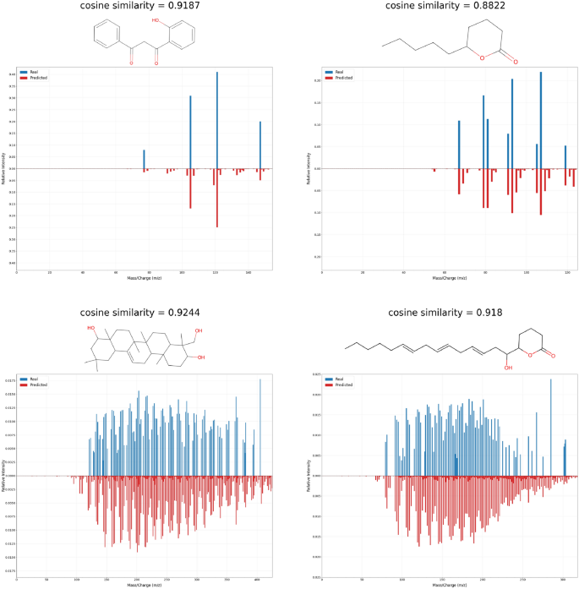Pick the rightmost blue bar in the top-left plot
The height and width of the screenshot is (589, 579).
pyautogui.click(x=260, y=145)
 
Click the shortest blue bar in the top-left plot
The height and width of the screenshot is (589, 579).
pyautogui.click(x=144, y=159)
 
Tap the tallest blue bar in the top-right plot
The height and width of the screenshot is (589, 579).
pyautogui.click(x=540, y=118)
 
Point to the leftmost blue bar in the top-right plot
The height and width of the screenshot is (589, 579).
pyautogui.click(x=459, y=144)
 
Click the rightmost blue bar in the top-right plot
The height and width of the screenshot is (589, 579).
pyautogui.click(x=565, y=157)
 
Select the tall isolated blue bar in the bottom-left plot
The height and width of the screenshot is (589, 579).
pyautogui.click(x=259, y=427)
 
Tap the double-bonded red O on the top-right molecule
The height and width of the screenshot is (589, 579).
pyautogui.click(x=515, y=61)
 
